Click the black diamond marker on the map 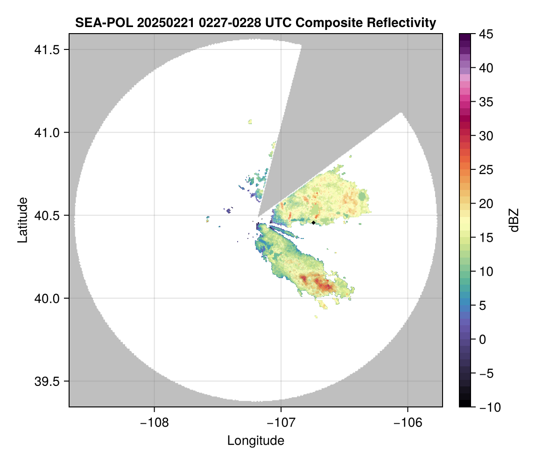tap(314, 223)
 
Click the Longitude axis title tap(255, 441)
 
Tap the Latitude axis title tap(22, 220)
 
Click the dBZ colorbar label tap(514, 220)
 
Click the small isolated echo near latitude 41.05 tap(251, 122)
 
